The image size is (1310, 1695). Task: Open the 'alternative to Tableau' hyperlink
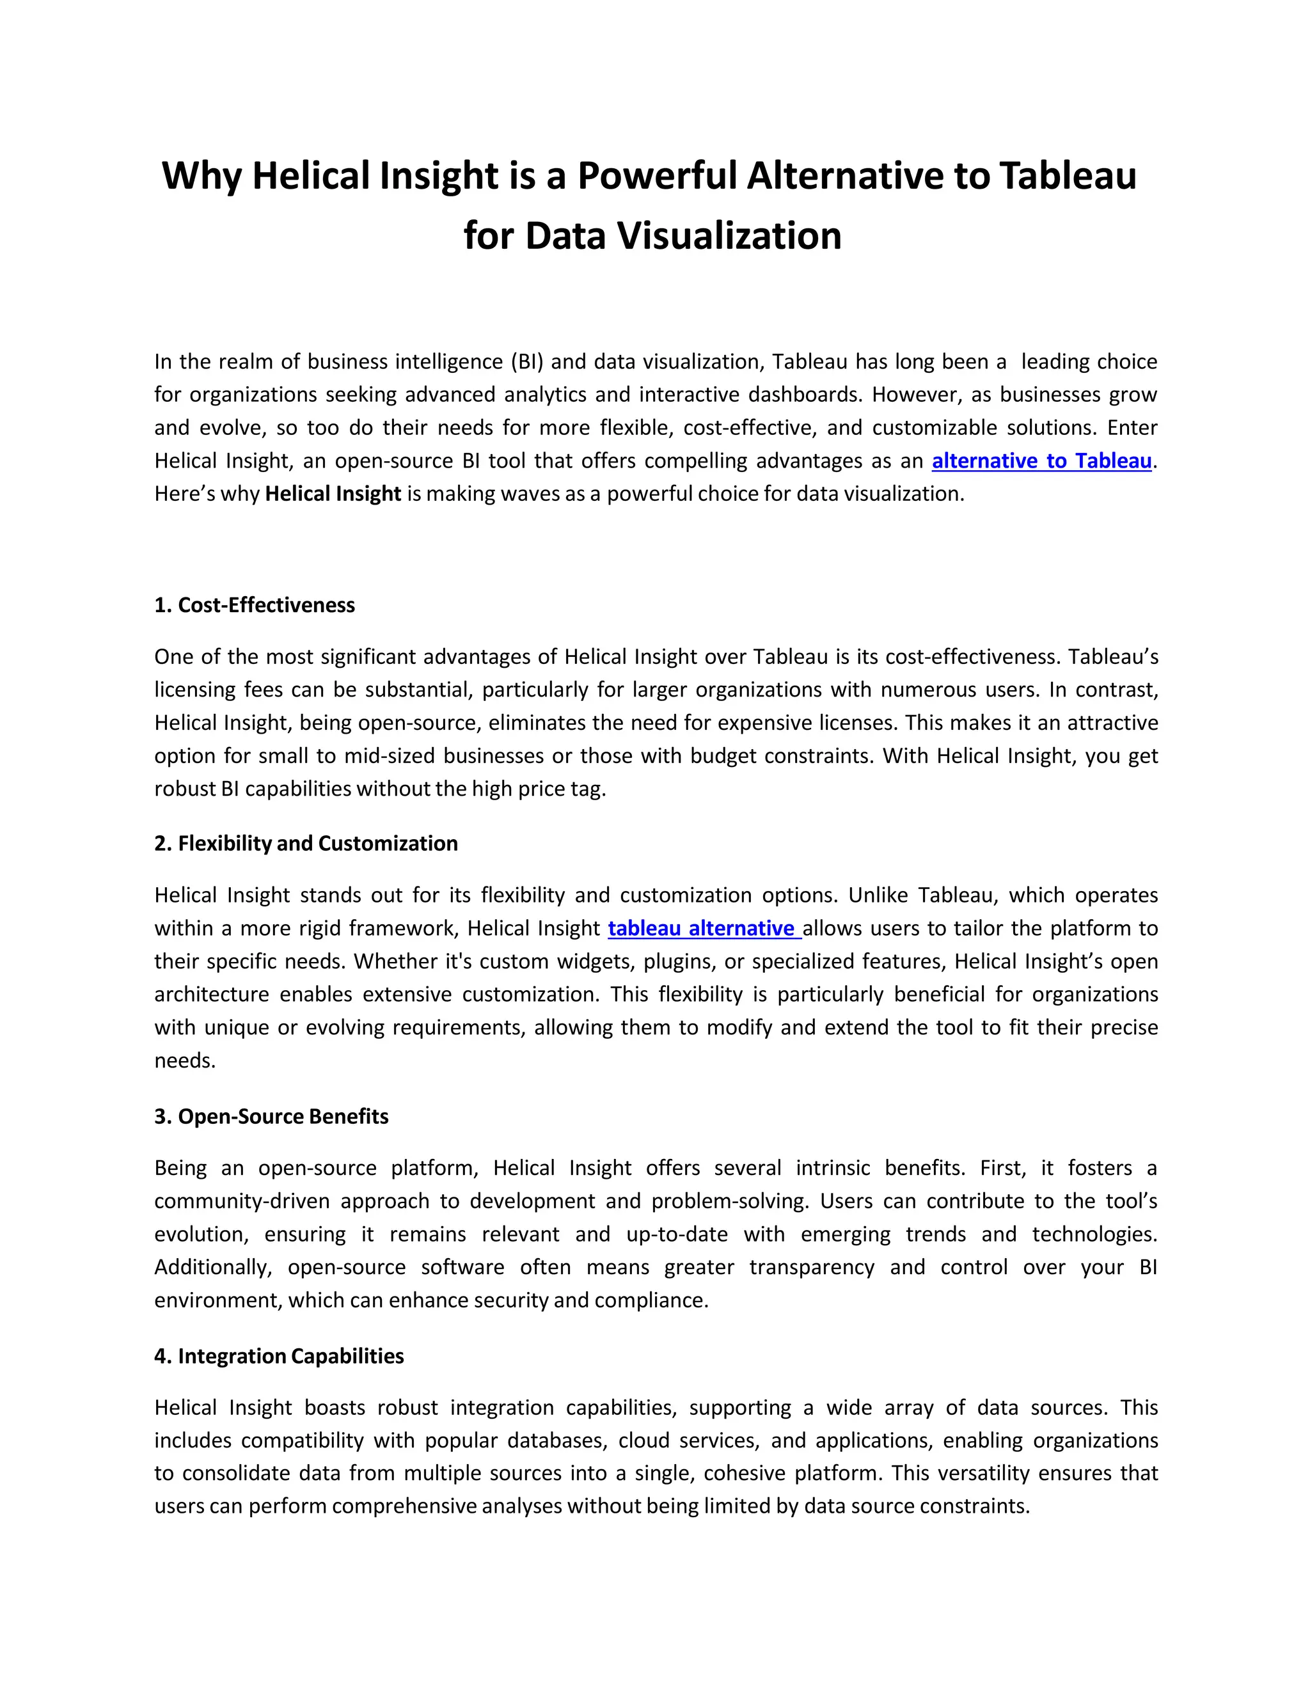(1041, 461)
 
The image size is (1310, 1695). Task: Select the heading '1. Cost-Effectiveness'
(255, 605)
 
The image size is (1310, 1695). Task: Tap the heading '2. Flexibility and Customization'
(306, 844)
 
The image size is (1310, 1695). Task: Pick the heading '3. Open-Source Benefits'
(271, 1117)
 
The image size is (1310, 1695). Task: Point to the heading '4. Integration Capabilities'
(279, 1356)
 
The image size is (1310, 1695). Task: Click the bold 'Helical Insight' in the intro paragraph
(333, 494)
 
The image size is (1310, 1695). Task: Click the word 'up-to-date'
(677, 1234)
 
